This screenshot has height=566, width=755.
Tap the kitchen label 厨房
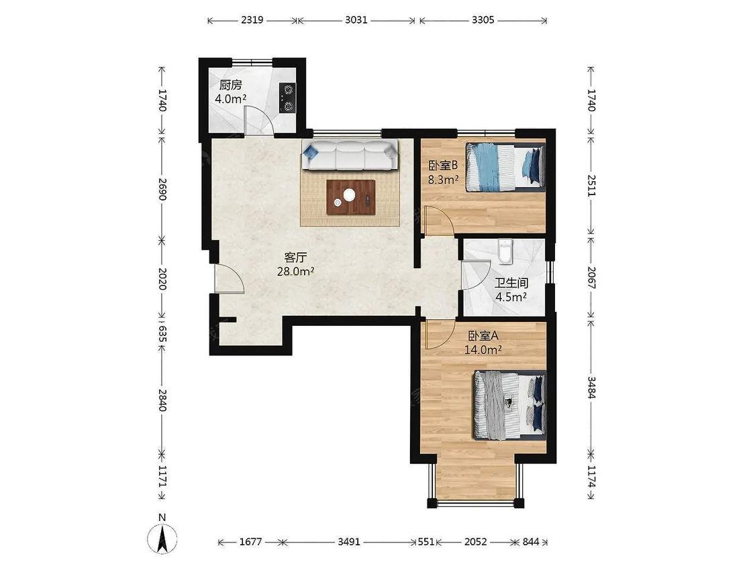click(230, 86)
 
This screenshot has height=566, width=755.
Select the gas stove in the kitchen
click(287, 98)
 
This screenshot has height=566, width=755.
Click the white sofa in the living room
click(350, 155)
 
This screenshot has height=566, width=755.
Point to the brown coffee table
click(350, 197)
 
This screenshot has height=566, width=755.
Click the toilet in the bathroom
click(505, 251)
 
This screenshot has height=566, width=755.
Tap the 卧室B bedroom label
click(442, 166)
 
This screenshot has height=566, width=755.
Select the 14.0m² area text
click(483, 350)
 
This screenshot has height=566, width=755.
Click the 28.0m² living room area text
click(296, 272)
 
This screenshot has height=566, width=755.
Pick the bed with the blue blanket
click(505, 167)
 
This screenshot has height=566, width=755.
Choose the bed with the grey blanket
click(510, 405)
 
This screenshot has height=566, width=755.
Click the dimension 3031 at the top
click(356, 20)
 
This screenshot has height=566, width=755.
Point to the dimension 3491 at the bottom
click(348, 542)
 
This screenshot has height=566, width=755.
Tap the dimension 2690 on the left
click(162, 190)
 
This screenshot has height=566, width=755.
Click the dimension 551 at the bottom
click(426, 542)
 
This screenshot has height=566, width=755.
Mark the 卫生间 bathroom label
click(511, 283)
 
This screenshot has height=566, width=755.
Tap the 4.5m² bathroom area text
click(511, 297)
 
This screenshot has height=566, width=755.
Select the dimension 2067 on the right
click(591, 278)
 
